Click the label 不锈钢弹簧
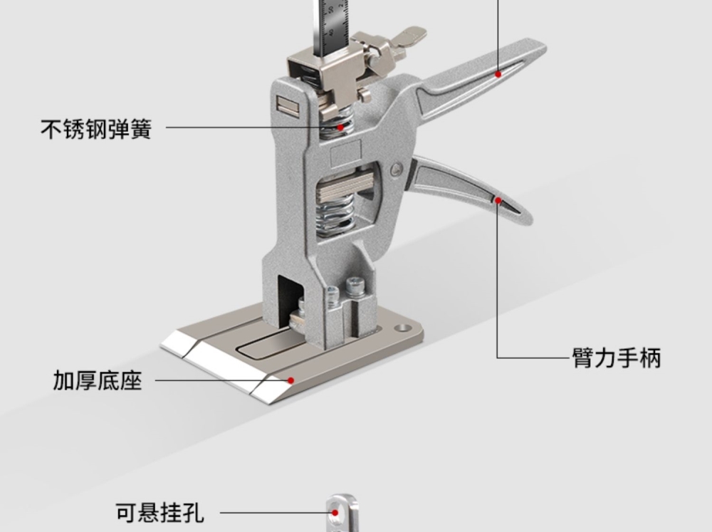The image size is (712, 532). (x=96, y=130)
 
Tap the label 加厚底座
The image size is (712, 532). (x=98, y=380)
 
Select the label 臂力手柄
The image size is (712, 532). (x=617, y=357)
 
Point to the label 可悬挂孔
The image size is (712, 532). (x=160, y=512)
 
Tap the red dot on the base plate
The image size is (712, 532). (x=290, y=381)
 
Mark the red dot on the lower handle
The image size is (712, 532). (x=498, y=201)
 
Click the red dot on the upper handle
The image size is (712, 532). (x=498, y=73)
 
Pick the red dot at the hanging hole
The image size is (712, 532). (x=335, y=512)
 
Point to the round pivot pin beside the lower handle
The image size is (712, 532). (x=397, y=169)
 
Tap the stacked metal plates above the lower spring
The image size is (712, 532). (x=345, y=187)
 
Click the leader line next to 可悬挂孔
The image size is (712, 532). (x=271, y=512)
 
